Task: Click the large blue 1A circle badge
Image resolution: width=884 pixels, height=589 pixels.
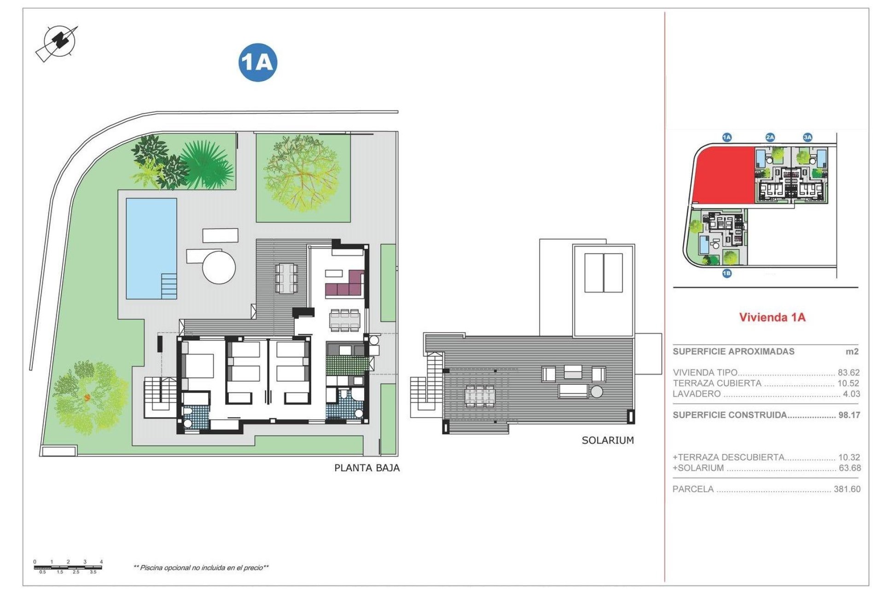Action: tap(258, 62)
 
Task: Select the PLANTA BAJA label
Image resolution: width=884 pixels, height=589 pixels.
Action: tap(367, 468)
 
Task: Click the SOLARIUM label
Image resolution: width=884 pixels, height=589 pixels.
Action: tap(608, 440)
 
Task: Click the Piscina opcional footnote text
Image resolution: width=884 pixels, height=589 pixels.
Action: tap(201, 568)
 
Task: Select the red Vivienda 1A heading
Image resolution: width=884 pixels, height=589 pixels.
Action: tap(772, 317)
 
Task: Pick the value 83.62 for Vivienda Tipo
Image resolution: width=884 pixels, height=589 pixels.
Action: tap(849, 372)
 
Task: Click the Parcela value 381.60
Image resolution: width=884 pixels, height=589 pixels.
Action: tap(847, 489)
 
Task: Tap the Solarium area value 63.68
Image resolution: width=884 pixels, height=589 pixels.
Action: tap(849, 468)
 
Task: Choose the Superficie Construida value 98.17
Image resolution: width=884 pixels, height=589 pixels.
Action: tap(849, 415)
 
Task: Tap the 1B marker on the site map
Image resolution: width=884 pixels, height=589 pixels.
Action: tap(727, 274)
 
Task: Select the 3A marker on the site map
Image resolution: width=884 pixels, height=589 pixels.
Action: tap(808, 137)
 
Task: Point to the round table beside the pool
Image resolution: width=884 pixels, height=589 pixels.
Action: tap(219, 267)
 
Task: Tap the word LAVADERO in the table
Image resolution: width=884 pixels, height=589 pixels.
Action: tap(697, 394)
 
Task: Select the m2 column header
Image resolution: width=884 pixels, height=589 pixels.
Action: tap(852, 352)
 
